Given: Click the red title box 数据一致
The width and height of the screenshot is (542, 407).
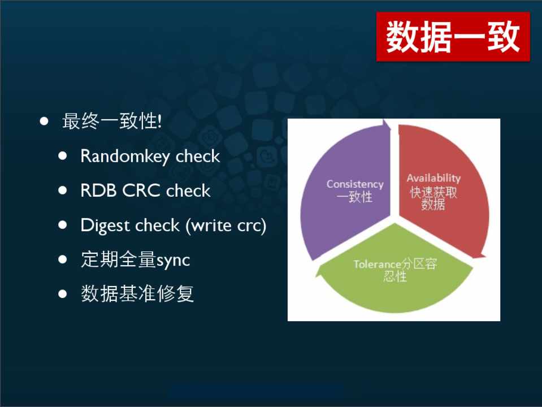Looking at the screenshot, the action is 453,36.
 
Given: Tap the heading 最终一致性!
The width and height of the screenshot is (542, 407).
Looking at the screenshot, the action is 112,122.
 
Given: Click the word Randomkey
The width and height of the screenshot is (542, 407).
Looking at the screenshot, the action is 125,156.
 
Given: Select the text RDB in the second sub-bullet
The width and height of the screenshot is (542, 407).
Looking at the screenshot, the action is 98,190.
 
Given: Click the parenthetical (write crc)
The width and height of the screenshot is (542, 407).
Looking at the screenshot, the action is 226,226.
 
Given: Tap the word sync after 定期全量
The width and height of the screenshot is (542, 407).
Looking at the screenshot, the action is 173,261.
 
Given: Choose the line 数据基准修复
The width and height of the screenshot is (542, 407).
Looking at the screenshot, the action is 137,294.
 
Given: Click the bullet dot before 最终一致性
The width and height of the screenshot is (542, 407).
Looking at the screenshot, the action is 44,121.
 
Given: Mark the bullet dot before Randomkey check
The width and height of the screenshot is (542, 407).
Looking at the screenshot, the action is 63,156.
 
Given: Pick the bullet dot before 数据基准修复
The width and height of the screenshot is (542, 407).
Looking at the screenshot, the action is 63,294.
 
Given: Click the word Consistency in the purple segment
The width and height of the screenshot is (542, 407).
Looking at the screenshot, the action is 355,184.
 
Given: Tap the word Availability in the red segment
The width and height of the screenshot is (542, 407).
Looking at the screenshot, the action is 433,177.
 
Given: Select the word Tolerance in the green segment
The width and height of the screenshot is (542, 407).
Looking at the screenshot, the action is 378,264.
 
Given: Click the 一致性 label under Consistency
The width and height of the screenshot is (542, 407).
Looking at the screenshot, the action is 355,197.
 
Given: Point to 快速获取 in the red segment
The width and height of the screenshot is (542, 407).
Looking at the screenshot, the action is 433,192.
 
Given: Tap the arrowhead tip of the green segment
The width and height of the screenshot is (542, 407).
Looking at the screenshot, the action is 315,276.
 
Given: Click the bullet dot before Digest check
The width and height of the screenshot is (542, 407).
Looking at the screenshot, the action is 63,225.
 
